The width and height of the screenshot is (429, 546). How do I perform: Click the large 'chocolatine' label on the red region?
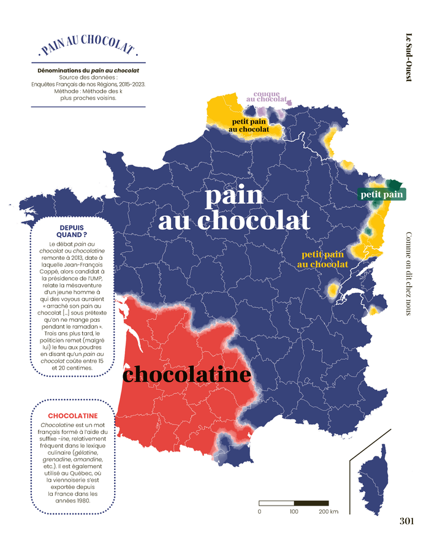(x=187, y=374)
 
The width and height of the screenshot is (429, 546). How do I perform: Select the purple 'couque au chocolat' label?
(x=266, y=97)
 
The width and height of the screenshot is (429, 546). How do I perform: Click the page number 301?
(x=406, y=521)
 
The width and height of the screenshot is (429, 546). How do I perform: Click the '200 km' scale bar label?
(x=328, y=511)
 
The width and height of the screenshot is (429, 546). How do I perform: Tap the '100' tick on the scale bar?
(x=294, y=511)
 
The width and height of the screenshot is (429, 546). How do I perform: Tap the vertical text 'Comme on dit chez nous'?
(x=408, y=273)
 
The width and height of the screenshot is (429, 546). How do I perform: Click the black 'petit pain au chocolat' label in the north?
(x=249, y=126)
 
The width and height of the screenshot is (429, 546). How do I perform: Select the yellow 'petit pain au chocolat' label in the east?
(x=322, y=259)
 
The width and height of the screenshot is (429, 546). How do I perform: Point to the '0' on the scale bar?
(x=259, y=511)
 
